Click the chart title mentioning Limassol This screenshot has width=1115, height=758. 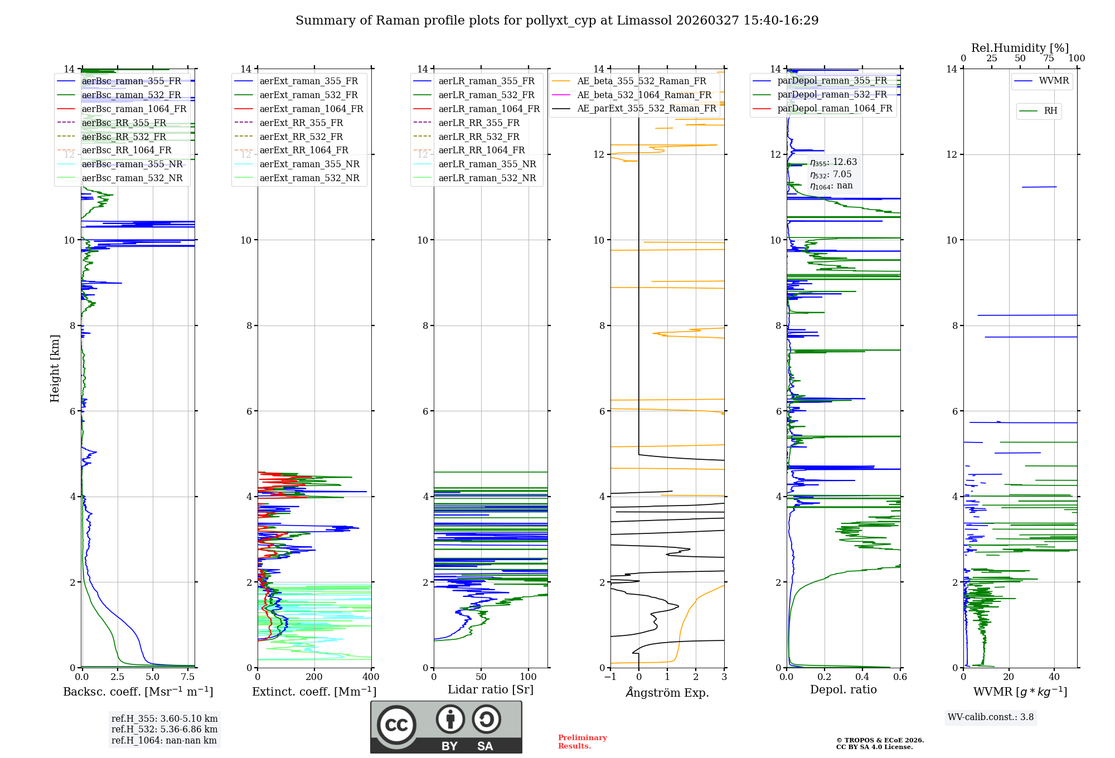click(x=557, y=21)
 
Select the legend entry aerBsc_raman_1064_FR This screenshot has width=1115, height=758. click(x=134, y=109)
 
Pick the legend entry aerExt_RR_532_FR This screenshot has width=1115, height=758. click(x=301, y=137)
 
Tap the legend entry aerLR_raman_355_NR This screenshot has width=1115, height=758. click(x=487, y=164)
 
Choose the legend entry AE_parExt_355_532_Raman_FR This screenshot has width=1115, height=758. click(x=647, y=108)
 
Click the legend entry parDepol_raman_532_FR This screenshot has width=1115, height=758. click(x=832, y=94)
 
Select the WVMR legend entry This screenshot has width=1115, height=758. click(x=1054, y=81)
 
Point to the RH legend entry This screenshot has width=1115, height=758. click(x=1050, y=111)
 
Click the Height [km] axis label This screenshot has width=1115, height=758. click(x=55, y=368)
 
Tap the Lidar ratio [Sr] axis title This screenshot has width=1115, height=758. click(x=491, y=689)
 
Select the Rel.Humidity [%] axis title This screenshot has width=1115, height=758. click(x=1020, y=48)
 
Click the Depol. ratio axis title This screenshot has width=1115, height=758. click(x=843, y=689)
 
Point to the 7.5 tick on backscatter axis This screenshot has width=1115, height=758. click(x=188, y=677)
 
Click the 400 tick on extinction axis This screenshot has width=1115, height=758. click(x=371, y=677)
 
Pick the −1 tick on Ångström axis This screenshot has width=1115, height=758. click(x=610, y=677)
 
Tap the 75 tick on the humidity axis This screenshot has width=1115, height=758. click(x=1049, y=59)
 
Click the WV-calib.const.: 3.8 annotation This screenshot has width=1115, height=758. click(x=991, y=717)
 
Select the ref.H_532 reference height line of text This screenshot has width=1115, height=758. click(x=164, y=729)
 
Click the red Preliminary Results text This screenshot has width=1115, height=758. click(x=582, y=742)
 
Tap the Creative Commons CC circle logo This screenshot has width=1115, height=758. click(x=396, y=725)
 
